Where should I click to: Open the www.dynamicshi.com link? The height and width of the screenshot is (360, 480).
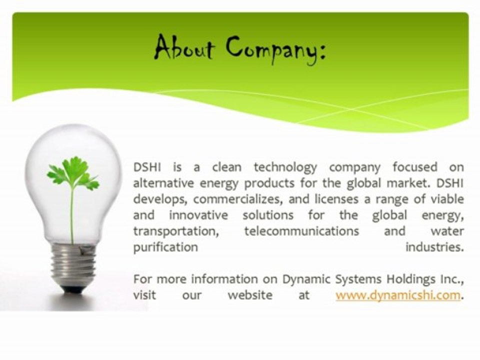coord(398,295)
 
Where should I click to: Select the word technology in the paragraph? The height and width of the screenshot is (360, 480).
coord(285,168)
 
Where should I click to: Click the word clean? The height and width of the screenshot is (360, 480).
coord(227,167)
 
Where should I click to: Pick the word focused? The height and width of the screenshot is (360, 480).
coord(415,167)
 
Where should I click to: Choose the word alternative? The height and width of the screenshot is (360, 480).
coord(163,183)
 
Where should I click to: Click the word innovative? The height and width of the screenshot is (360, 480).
coord(198,215)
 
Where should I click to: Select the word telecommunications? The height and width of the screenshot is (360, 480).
coord(301,231)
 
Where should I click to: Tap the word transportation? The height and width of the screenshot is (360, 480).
coord(176,231)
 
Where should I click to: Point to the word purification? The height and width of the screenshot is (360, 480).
coord(165,247)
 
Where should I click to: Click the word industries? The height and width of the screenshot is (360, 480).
coord(434,247)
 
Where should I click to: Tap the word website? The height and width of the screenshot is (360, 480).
coord(250,295)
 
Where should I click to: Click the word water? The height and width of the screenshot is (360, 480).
coord(447,231)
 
